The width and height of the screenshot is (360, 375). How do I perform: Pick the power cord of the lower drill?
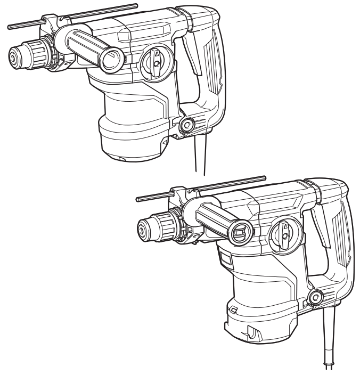[x=328, y=341]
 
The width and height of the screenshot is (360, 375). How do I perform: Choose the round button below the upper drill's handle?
[x=186, y=126]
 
